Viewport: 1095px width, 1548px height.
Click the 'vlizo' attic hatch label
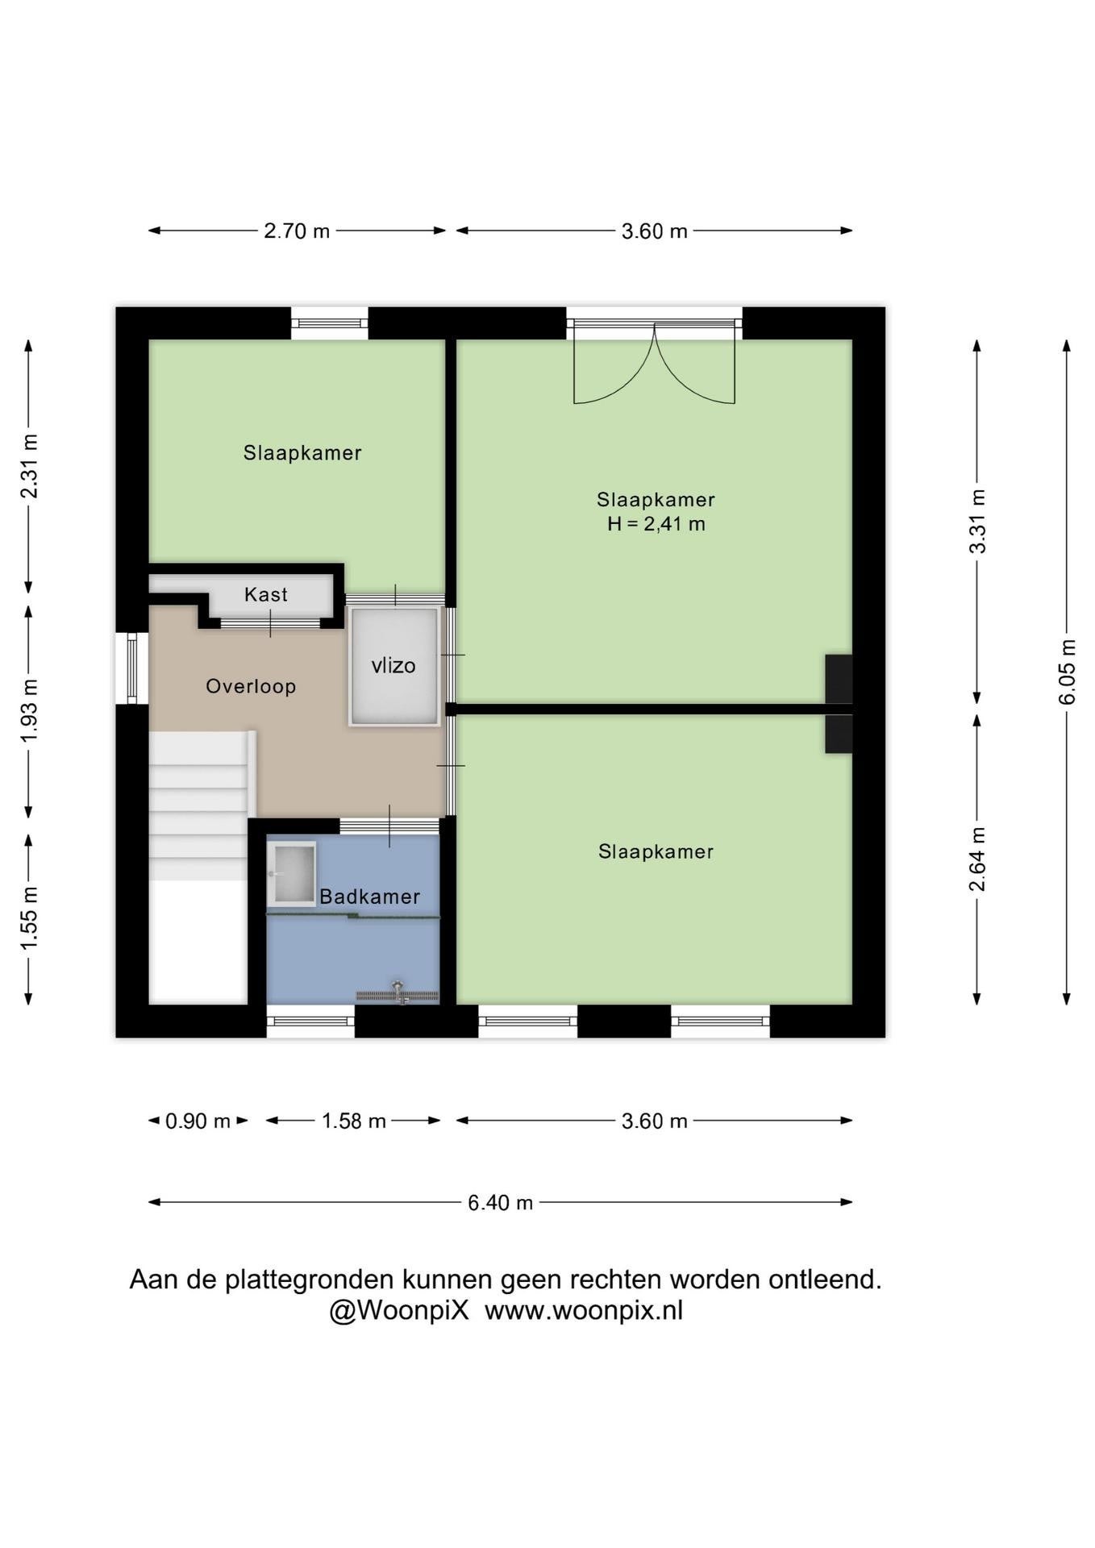coord(393,665)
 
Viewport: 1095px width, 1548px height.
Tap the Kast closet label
coord(266,594)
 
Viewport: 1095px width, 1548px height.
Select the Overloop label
coord(251,686)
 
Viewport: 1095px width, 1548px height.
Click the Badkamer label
coord(369,897)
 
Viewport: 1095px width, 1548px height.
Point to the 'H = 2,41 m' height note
coord(656,524)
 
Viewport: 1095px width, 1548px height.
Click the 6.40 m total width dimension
coord(501,1202)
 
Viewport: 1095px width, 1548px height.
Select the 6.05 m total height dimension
coord(1067,672)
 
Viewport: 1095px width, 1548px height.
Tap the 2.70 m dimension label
coord(297,231)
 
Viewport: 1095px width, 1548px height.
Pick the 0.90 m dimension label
coord(198,1121)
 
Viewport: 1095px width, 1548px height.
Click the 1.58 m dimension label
coord(354,1121)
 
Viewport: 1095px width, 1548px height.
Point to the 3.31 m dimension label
coord(977,521)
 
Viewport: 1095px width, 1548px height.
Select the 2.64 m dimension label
coord(977,859)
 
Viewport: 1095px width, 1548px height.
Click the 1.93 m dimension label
coord(29,711)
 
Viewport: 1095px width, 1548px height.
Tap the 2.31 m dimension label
coord(29,466)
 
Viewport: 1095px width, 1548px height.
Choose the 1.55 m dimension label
coord(29,918)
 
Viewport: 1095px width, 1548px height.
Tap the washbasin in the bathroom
coord(291,874)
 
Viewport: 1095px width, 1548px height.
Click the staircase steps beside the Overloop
coord(198,805)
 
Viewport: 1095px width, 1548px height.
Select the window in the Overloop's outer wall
coord(131,668)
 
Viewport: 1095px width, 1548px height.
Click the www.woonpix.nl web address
coord(584,1311)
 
